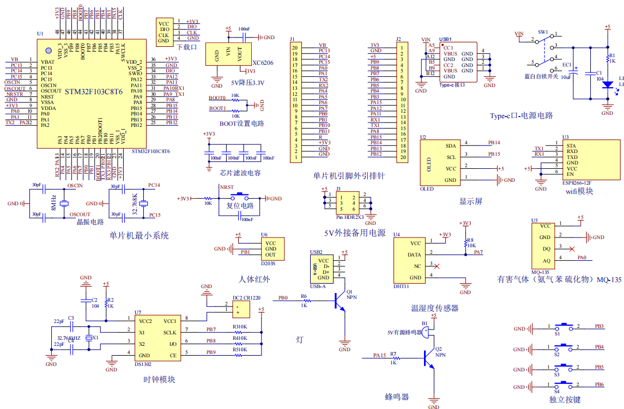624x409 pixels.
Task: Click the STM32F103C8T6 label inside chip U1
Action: pyautogui.click(x=94, y=91)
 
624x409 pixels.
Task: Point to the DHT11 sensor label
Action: pyautogui.click(x=401, y=286)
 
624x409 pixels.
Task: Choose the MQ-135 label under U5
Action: pyautogui.click(x=540, y=272)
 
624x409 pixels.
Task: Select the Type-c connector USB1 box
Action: pyautogui.click(x=458, y=62)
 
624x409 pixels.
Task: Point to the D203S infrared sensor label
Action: pyautogui.click(x=268, y=264)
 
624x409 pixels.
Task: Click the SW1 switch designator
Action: pyautogui.click(x=543, y=32)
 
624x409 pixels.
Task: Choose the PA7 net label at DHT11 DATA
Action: pyautogui.click(x=478, y=252)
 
